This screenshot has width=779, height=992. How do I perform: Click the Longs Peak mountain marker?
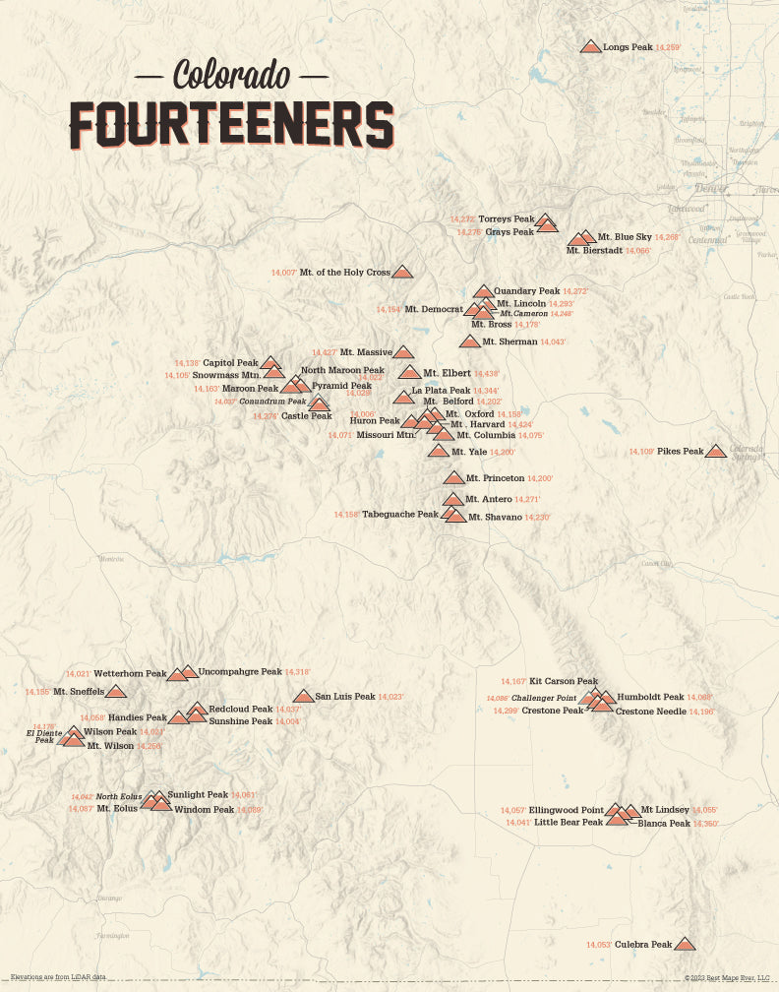590,46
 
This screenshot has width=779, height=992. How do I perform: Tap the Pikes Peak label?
681,452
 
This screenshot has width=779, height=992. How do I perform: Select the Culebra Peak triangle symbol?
685,944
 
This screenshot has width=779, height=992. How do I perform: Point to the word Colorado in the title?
231,74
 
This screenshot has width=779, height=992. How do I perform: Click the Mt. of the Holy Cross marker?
403,272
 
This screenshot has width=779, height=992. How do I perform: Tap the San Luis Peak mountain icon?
304,697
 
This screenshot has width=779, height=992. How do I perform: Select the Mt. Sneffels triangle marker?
116,692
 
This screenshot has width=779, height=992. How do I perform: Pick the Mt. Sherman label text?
509,341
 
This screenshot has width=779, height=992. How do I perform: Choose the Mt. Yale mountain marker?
439,452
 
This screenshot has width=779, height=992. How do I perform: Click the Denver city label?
711,188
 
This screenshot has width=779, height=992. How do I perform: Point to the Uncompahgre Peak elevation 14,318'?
297,672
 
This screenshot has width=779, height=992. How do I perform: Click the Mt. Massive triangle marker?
403,352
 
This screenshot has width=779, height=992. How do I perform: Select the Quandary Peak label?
526,291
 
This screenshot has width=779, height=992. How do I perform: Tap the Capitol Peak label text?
230,363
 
